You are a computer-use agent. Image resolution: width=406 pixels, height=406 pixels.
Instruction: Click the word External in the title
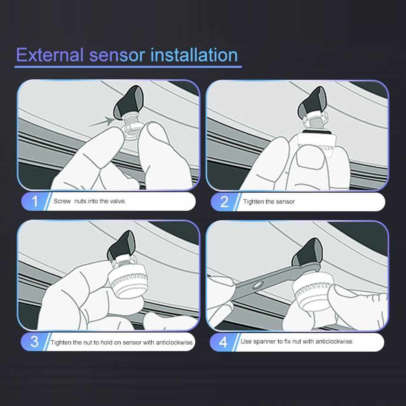tap(50, 55)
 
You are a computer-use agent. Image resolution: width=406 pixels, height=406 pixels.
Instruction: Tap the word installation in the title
tap(194, 55)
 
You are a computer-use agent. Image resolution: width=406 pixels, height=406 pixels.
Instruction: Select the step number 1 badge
tap(35, 201)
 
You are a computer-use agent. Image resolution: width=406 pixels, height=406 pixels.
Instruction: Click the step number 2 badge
tap(224, 202)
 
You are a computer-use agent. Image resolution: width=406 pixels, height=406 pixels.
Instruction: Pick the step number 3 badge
tap(35, 341)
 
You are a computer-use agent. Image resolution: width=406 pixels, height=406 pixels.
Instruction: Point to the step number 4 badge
tap(223, 342)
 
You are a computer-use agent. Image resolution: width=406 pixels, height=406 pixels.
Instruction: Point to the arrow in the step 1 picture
tap(101, 122)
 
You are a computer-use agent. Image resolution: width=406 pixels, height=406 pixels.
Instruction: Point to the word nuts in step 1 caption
tap(80, 201)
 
